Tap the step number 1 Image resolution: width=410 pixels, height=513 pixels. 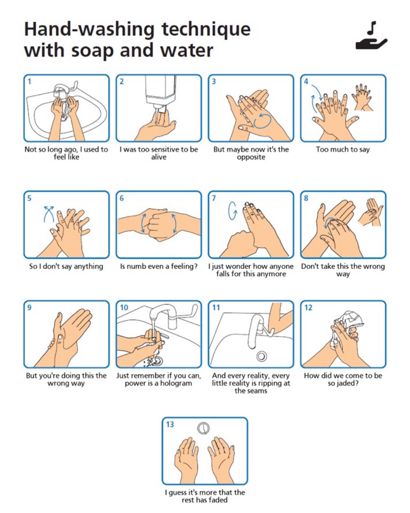tap(29, 81)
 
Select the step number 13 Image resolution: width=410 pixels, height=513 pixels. tap(170, 424)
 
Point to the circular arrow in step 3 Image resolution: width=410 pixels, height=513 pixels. tap(262, 121)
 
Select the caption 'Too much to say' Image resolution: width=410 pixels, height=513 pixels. tap(343, 149)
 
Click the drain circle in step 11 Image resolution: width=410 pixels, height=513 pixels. tap(261, 356)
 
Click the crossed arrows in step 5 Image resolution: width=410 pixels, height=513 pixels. tap(49, 214)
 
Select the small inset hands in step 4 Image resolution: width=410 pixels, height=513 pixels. tap(362, 97)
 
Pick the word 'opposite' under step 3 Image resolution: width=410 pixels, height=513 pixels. tap(251, 157)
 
